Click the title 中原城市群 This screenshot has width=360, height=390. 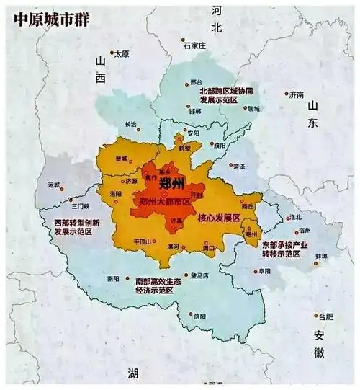coord(45,17)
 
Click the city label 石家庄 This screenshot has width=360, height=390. coord(195,45)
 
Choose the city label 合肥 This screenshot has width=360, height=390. coord(327,316)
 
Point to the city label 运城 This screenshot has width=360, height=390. coord(55,185)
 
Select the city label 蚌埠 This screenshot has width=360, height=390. coord(321,256)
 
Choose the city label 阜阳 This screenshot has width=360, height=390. coord(264,271)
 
